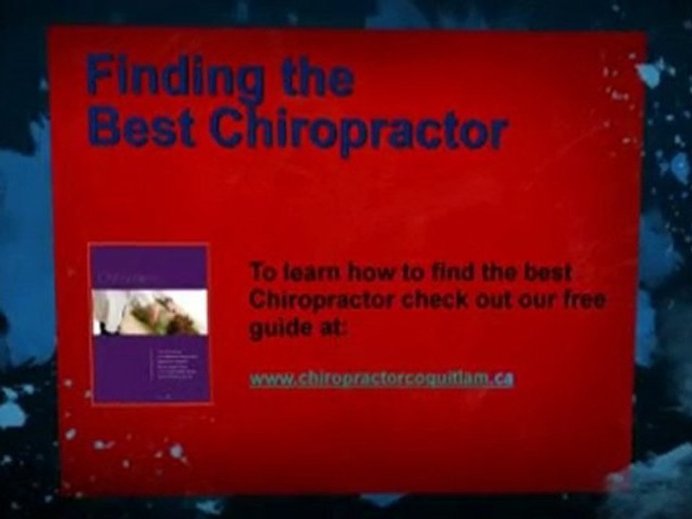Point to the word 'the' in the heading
coord(318,78)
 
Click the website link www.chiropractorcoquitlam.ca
coord(381,378)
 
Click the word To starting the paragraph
coord(262,272)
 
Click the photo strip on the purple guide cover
coord(150,312)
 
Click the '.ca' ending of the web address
coord(502,378)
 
